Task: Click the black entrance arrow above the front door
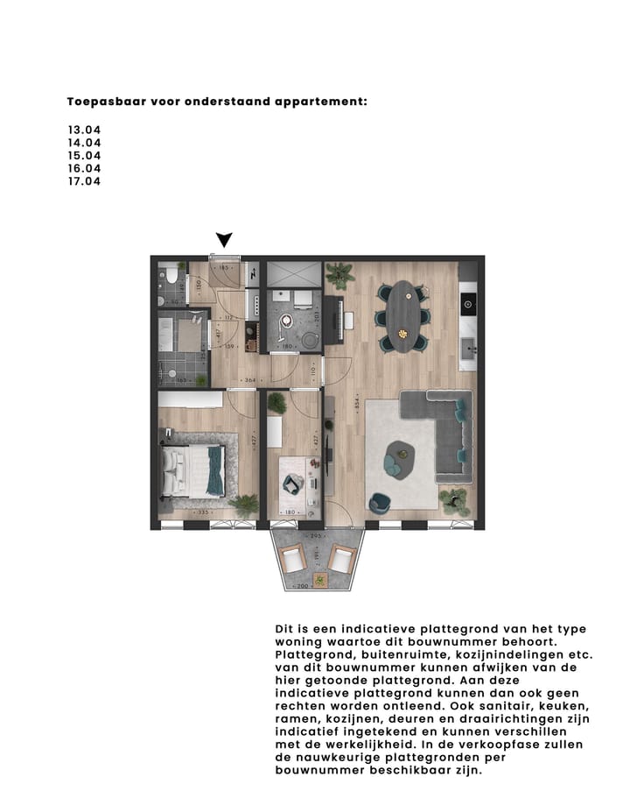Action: (x=225, y=239)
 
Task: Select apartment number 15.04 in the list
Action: (x=85, y=155)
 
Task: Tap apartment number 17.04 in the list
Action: (x=85, y=181)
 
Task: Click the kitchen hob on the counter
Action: (x=468, y=304)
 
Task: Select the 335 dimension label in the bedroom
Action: (x=203, y=513)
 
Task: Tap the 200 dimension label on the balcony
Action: (x=301, y=586)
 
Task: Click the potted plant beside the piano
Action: (x=339, y=275)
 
